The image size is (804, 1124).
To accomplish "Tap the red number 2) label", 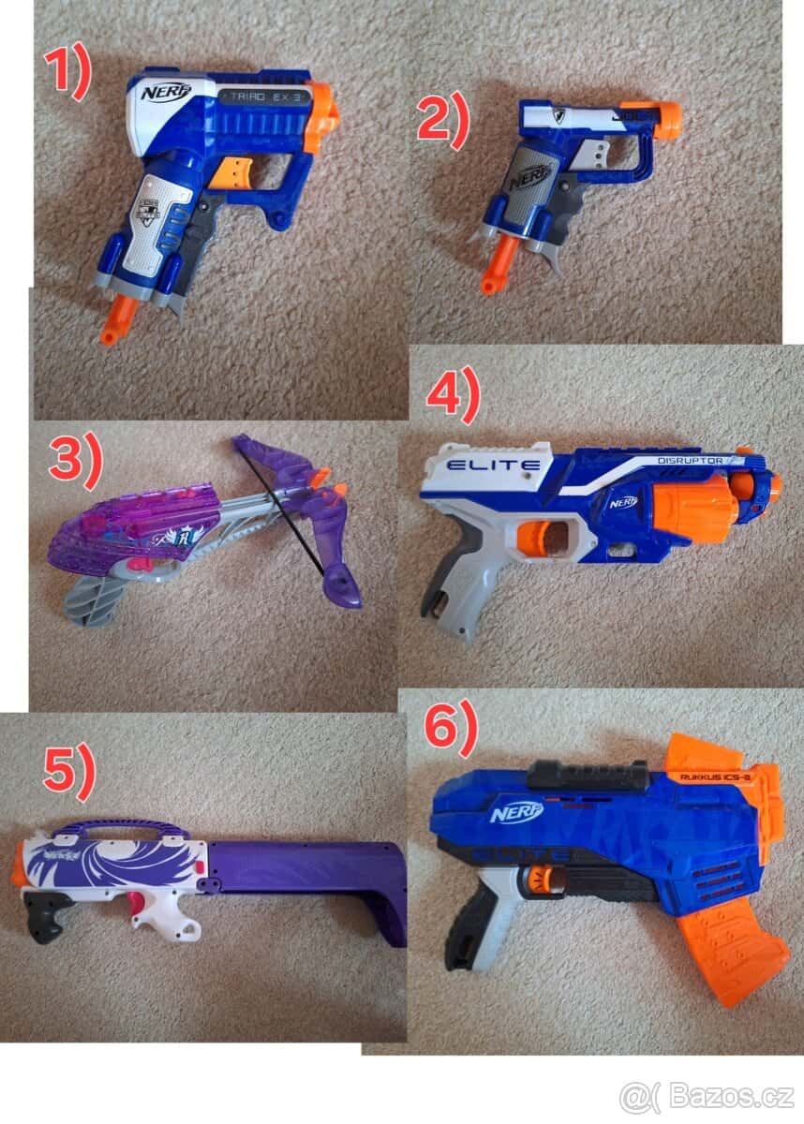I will tap(442, 124).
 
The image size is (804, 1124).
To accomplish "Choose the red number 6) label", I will tap(451, 727).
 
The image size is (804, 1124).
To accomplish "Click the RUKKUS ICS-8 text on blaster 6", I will tap(714, 776).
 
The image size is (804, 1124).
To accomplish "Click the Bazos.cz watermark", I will tap(708, 1094).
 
